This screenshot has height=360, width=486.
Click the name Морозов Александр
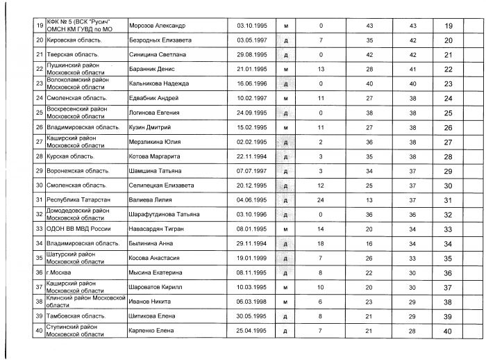coord(158,26)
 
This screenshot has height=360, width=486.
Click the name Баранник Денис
coord(151,69)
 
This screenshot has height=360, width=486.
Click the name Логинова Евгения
coord(155,113)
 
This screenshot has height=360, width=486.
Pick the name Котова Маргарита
coord(155,156)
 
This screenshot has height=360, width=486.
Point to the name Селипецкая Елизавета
coord(161,186)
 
